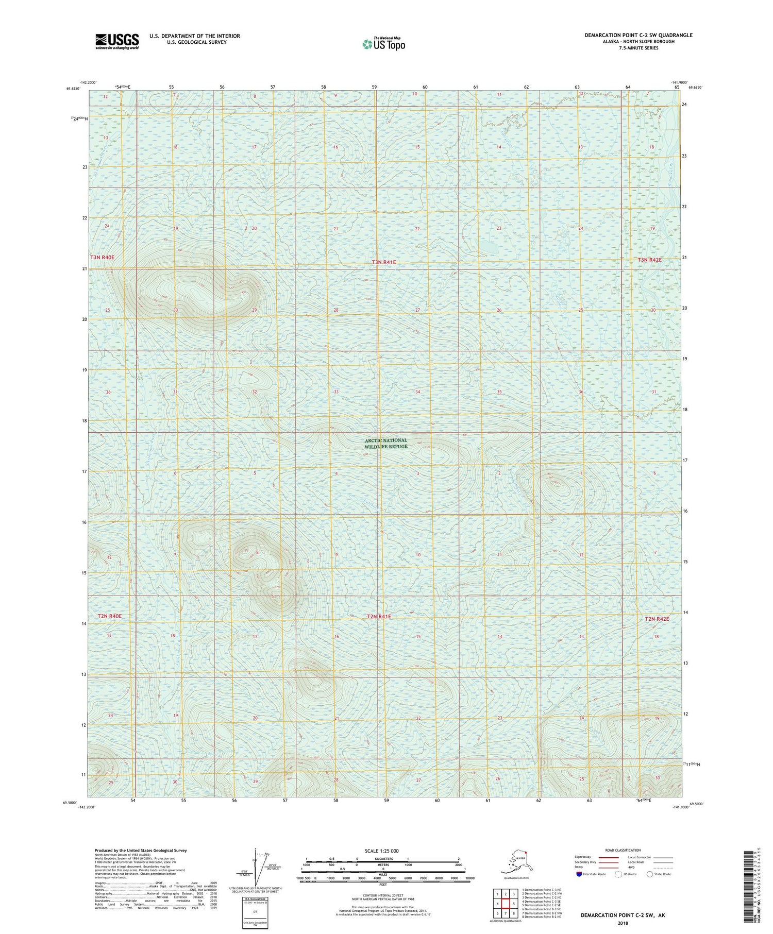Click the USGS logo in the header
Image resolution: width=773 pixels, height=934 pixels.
(x=117, y=41)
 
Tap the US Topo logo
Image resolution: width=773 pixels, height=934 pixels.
(x=383, y=44)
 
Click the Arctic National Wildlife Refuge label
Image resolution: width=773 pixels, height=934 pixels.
(x=385, y=444)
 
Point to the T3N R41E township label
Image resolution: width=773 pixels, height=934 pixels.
(x=384, y=262)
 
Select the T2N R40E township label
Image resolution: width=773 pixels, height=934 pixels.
(x=109, y=616)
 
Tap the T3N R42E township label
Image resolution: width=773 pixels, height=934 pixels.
(x=649, y=260)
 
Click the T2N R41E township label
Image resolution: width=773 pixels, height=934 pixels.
(x=379, y=617)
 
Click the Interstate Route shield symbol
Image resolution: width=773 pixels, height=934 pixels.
(x=579, y=874)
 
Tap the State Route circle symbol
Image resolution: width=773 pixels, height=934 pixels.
(x=649, y=874)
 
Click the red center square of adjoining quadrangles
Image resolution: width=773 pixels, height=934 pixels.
(x=506, y=903)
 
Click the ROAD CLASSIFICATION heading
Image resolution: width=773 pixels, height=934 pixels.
(x=623, y=850)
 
